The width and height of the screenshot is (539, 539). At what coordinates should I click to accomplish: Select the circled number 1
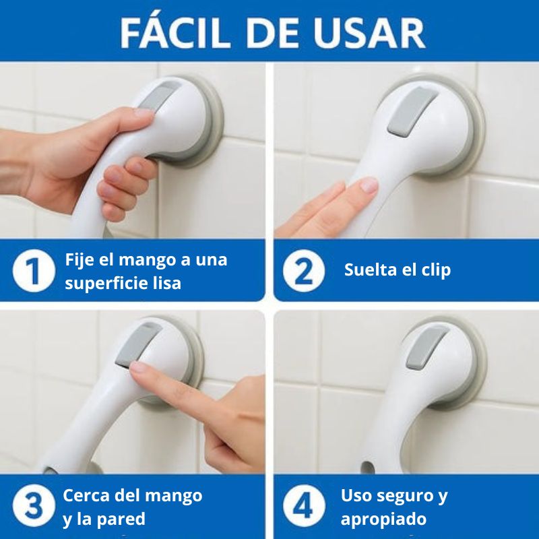[x=33, y=271]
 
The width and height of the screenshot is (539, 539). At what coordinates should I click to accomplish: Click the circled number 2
[x=303, y=271]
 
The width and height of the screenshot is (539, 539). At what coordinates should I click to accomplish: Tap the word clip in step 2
[x=432, y=270]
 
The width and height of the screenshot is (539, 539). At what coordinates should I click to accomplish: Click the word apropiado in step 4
[x=383, y=519]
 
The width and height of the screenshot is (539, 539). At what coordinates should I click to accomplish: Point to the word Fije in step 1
[x=80, y=259]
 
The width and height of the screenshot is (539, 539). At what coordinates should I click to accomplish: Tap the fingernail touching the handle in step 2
[x=369, y=185]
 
